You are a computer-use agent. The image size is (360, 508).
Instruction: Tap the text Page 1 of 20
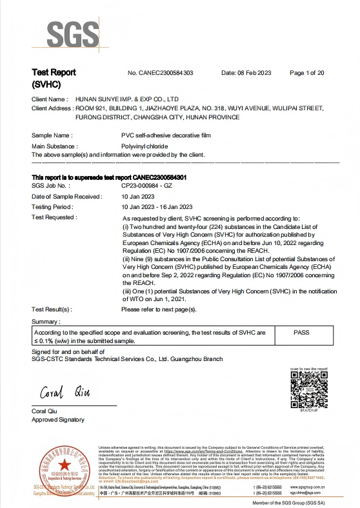click(307, 73)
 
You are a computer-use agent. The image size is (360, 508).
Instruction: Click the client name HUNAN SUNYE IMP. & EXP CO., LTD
click(127, 99)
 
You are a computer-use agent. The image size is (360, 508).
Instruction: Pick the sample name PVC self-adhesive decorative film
click(166, 136)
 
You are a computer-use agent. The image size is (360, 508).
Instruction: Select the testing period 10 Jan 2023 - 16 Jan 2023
click(157, 207)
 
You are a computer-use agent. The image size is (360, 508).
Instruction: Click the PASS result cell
click(301, 332)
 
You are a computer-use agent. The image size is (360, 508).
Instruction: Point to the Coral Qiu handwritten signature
click(65, 393)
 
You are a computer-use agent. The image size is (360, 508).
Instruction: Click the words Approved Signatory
click(58, 420)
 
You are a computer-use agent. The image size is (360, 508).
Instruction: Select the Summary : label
click(46, 321)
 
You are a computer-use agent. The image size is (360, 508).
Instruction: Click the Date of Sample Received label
click(66, 196)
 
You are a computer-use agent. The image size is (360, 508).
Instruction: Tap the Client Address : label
click(52, 108)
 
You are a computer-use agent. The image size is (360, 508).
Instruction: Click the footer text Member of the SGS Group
click(296, 502)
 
